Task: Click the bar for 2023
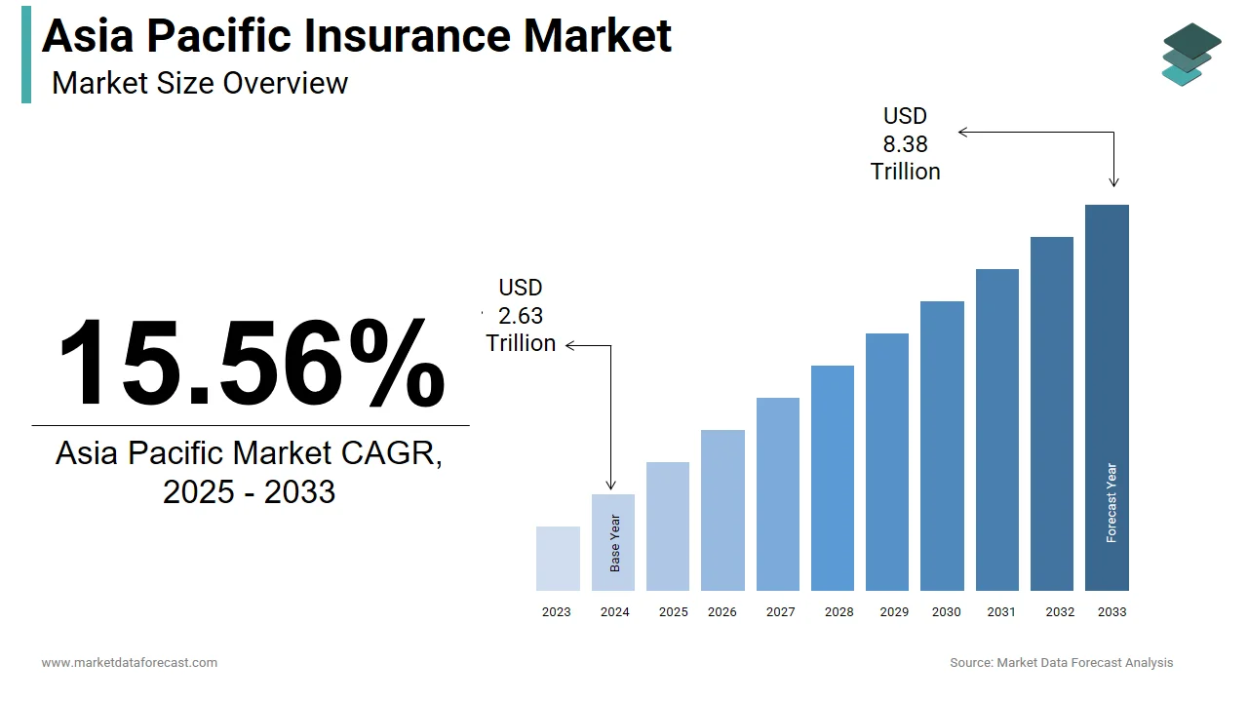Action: [x=558, y=559]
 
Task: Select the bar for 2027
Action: [x=778, y=494]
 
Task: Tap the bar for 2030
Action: [x=942, y=446]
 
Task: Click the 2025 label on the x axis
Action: [x=673, y=612]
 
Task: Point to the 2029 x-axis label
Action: [x=894, y=612]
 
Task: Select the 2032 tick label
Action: [x=1060, y=612]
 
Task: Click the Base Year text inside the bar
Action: [x=615, y=543]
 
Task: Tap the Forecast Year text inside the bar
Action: [x=1111, y=503]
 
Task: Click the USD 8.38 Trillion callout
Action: [x=905, y=144]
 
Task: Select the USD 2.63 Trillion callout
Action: [x=521, y=316]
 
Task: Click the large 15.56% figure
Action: [x=252, y=363]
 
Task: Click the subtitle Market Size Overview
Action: [x=200, y=83]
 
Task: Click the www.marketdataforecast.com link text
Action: [x=129, y=663]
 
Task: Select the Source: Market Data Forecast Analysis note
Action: [x=1062, y=663]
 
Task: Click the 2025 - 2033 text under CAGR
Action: [x=249, y=492]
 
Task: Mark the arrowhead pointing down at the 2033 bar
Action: [x=1114, y=182]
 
